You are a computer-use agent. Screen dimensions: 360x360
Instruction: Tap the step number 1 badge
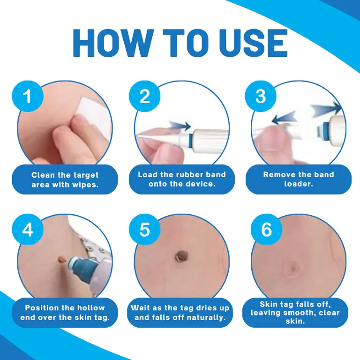(27, 96)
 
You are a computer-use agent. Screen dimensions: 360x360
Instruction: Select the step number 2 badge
(145, 96)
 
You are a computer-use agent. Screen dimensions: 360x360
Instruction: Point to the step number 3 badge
(261, 96)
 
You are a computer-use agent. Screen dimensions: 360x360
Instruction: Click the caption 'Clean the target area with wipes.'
(65, 180)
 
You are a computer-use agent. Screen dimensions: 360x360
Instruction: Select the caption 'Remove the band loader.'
(299, 179)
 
